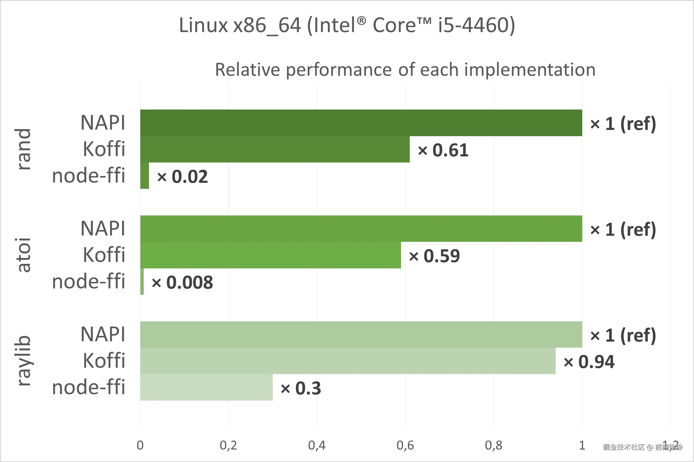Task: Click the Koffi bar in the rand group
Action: coord(275,149)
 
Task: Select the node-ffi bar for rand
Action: coord(145,176)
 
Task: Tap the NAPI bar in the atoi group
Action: coord(361,229)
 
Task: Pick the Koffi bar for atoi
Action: coord(270,255)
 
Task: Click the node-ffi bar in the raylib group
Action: coord(206,387)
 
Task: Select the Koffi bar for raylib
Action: coord(348,361)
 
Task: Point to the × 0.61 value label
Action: coord(443,150)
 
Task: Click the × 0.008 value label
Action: coord(182,282)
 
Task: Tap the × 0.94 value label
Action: coord(589,361)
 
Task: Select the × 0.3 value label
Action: coord(301,388)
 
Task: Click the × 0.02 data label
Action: coord(182,177)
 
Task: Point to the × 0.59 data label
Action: coord(434,256)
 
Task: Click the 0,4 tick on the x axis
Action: coord(317,445)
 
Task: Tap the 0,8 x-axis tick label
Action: coord(493,445)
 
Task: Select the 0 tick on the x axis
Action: coord(140,445)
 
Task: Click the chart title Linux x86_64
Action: coord(347,25)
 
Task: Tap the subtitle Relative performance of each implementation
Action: coord(405,69)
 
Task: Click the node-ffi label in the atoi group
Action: coord(89,281)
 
